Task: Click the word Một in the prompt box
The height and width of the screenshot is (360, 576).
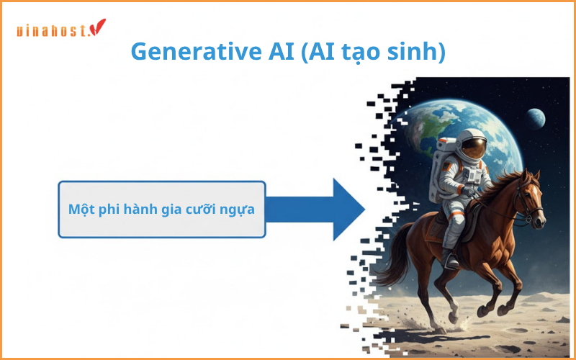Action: point(81,210)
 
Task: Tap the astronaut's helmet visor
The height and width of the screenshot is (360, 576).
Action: point(474,148)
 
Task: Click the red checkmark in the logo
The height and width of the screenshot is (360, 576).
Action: point(98,27)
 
